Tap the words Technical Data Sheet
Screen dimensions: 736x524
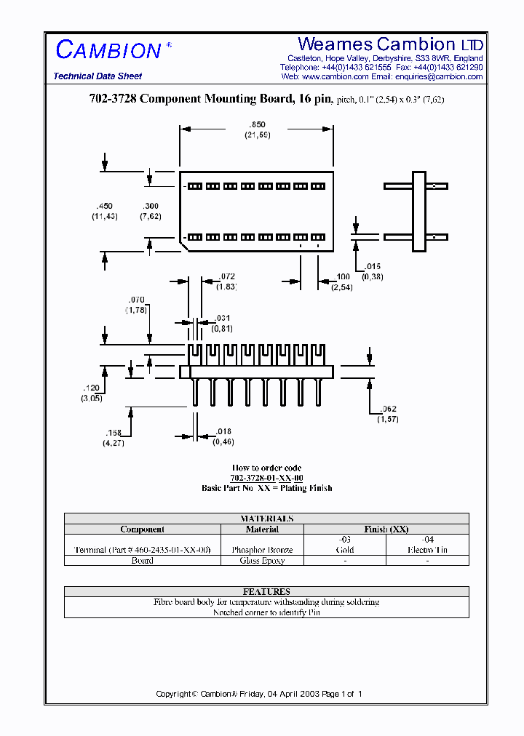click(x=98, y=76)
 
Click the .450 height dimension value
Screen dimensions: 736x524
click(x=104, y=206)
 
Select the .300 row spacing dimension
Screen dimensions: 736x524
click(x=150, y=206)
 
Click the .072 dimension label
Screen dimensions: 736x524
click(x=227, y=276)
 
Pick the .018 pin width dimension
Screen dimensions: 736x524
click(x=224, y=432)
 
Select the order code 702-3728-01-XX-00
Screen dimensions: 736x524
click(x=266, y=478)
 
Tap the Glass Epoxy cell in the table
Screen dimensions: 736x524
click(x=262, y=561)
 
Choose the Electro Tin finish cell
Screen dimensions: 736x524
click(x=427, y=551)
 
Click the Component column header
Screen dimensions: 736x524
click(x=142, y=529)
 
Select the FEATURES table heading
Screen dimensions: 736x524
click(x=266, y=592)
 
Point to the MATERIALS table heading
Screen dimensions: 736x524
click(x=266, y=519)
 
